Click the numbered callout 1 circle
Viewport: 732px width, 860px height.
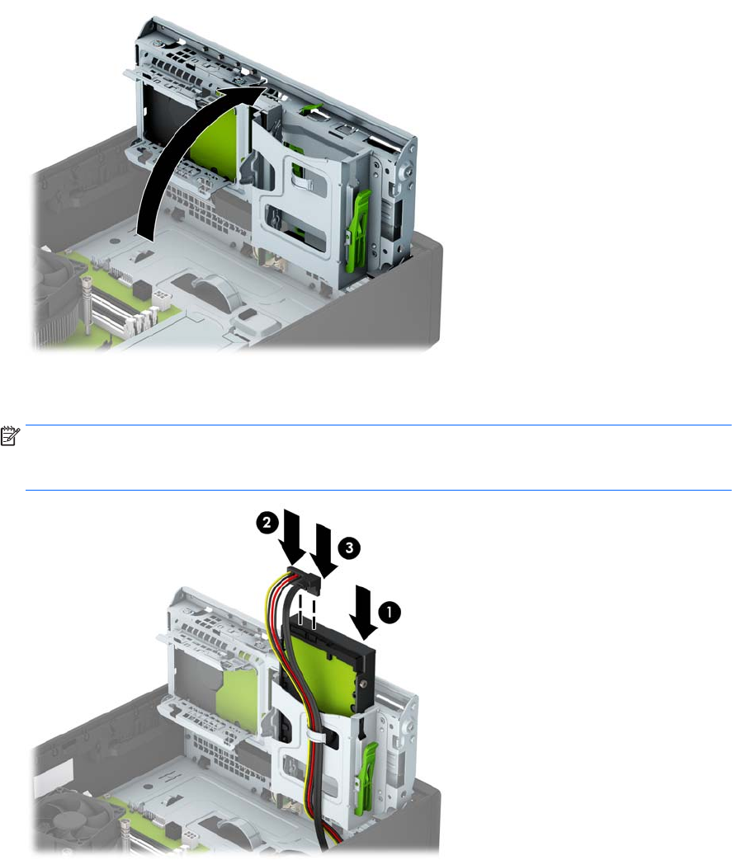coord(390,612)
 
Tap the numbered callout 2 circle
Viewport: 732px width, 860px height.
coord(267,522)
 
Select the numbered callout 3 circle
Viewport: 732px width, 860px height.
coord(350,547)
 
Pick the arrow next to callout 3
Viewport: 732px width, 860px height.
coord(323,550)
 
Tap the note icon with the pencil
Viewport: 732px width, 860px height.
coord(10,436)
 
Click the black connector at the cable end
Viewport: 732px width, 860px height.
coord(304,579)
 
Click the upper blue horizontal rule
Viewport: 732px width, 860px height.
coord(378,425)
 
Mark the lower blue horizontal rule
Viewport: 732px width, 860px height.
coord(378,490)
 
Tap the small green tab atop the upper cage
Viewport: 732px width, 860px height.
coord(311,107)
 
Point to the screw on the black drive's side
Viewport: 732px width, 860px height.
coord(363,684)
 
